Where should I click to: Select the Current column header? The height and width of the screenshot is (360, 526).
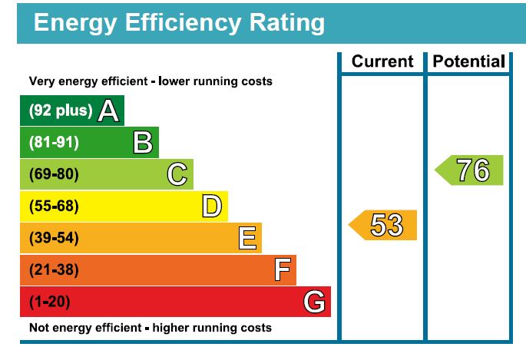click(382, 62)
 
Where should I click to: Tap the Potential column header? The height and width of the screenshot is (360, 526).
click(468, 62)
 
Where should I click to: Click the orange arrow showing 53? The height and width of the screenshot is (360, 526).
click(384, 225)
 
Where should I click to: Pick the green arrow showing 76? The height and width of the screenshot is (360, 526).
click(470, 170)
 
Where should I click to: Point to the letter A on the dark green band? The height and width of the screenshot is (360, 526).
click(108, 111)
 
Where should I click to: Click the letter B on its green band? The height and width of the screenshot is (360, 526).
click(142, 143)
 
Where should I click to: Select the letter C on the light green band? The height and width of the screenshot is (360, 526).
click(177, 174)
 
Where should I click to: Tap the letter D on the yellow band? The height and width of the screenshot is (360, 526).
click(212, 206)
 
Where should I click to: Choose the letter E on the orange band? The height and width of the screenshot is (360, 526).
click(246, 238)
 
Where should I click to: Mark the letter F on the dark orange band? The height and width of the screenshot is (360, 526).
click(282, 270)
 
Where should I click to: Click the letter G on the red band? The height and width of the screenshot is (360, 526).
click(314, 302)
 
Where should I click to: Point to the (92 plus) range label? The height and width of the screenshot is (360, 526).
click(61, 111)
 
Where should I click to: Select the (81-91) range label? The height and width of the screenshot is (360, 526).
click(54, 143)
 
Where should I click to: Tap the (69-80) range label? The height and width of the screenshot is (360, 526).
click(54, 174)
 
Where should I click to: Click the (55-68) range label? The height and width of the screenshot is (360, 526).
click(54, 206)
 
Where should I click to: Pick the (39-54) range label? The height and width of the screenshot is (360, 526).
click(54, 238)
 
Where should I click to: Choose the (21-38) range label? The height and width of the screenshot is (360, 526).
click(54, 270)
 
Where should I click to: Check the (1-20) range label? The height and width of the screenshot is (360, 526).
click(50, 302)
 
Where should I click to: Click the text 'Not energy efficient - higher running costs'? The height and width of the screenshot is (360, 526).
click(151, 328)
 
